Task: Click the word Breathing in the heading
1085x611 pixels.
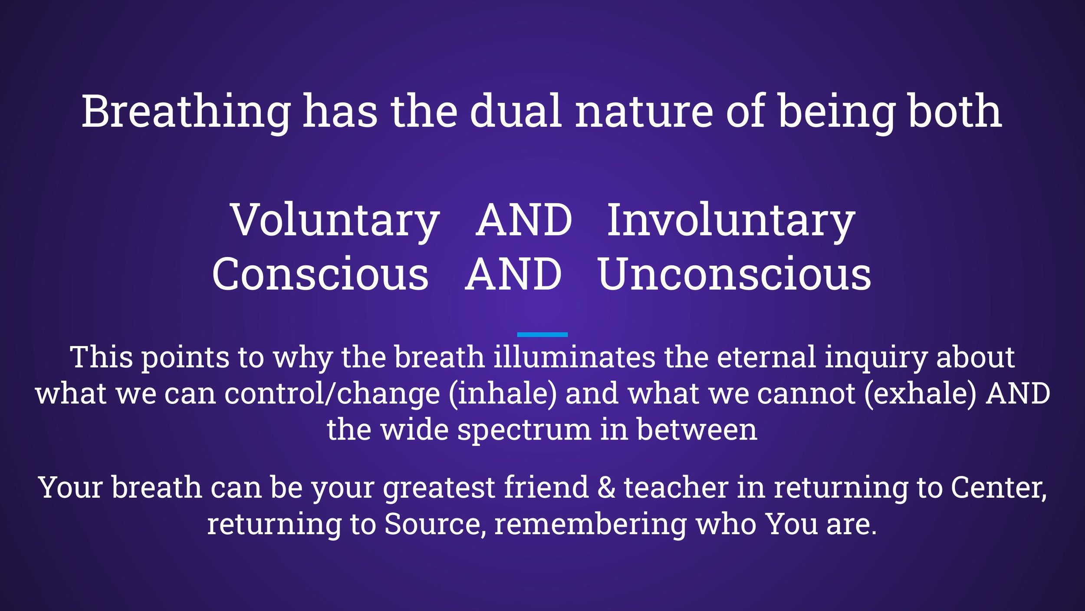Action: click(186, 112)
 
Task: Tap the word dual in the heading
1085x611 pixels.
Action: click(516, 112)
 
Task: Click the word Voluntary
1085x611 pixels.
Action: click(335, 221)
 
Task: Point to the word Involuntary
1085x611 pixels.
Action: click(731, 221)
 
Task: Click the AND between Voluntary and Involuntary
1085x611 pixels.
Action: click(524, 221)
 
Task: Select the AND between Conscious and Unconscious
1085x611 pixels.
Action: click(513, 275)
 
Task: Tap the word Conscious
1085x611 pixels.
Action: click(320, 275)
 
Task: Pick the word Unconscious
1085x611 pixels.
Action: click(734, 275)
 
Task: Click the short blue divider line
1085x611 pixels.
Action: click(542, 334)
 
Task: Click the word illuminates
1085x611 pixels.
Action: click(574, 357)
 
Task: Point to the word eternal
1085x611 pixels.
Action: click(766, 357)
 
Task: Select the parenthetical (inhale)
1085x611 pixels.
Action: click(503, 394)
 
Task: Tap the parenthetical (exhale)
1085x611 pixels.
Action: click(921, 394)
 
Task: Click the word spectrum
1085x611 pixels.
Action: click(525, 430)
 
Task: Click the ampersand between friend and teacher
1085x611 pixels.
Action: click(606, 487)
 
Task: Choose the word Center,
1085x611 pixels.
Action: click(999, 487)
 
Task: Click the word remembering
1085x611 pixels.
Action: click(591, 524)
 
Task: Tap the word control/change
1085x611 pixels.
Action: click(332, 394)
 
